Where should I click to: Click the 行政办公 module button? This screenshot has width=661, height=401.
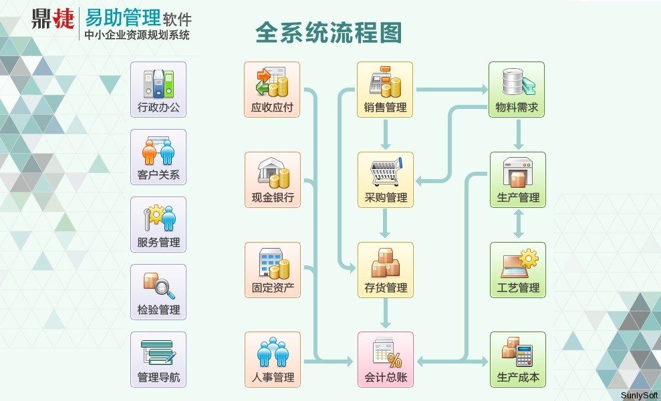158,90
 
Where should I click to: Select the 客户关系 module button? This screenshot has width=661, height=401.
158,157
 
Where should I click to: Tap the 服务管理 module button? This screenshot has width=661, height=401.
158,225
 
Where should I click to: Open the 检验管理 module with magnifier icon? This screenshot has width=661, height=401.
158,292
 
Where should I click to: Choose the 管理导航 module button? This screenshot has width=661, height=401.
158,360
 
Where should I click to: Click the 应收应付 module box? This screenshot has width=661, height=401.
272,90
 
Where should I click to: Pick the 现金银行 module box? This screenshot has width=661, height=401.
272,180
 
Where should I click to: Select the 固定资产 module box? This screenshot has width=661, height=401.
272,270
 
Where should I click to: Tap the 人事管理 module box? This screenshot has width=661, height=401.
272,360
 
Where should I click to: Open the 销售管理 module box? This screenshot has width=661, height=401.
385,90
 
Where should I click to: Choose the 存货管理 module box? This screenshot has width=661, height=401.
385,270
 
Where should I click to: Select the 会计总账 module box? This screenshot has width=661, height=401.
385,360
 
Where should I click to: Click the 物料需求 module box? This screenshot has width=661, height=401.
517,90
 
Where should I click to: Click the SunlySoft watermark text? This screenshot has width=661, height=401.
639,395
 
